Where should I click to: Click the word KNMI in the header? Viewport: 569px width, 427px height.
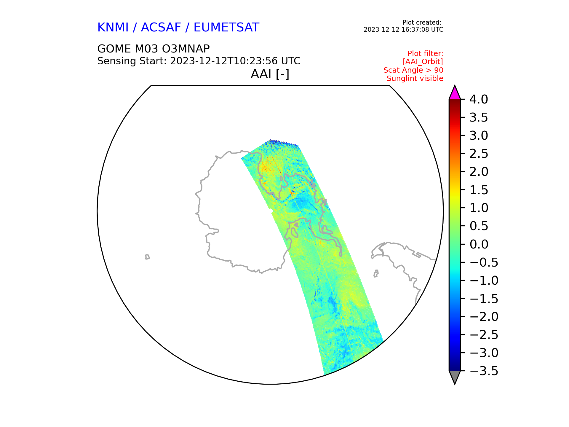pos(113,28)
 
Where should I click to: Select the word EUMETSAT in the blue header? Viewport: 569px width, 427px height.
pos(226,28)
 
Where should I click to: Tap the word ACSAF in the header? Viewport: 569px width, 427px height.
pos(161,28)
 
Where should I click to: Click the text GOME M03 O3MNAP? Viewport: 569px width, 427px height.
pos(154,49)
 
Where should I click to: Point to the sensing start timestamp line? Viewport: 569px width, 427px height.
pos(199,61)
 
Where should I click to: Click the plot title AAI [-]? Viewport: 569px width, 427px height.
pos(270,74)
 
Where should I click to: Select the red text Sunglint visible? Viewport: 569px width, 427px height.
pos(415,79)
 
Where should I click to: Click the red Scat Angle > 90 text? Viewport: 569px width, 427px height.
pos(413,70)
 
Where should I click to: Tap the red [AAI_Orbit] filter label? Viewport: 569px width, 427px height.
pos(423,62)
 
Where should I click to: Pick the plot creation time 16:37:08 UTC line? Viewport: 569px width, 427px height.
pos(403,30)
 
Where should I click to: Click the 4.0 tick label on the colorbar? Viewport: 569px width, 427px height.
pos(479,100)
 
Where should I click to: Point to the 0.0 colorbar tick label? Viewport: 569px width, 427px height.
pos(479,244)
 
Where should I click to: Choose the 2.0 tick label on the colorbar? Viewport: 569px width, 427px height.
pos(479,172)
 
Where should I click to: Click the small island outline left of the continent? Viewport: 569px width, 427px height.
pos(147,257)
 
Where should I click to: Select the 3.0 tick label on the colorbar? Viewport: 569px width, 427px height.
pos(479,136)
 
